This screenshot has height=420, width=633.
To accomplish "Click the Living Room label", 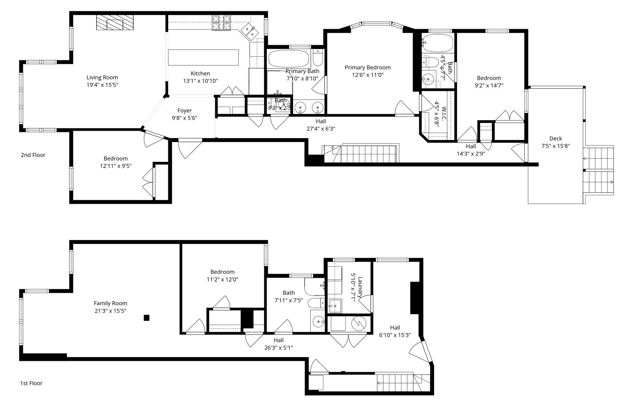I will [102, 77].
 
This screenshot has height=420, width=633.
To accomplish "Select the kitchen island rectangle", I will [203, 58].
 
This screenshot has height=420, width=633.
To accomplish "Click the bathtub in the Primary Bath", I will [288, 59].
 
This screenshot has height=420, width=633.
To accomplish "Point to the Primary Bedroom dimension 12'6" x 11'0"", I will [368, 75].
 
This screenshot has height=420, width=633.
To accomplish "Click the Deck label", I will [555, 138].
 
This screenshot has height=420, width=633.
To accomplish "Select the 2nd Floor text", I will [33, 155].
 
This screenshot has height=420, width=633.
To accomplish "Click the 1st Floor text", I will [31, 383].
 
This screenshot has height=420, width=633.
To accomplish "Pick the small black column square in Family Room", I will [146, 318].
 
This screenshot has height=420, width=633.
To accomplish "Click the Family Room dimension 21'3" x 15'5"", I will [110, 311].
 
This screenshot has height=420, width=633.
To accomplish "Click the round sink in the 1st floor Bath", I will [318, 322].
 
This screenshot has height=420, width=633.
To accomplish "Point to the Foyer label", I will [185, 110].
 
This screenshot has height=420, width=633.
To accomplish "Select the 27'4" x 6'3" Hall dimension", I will [321, 129].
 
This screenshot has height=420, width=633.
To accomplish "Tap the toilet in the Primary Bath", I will [317, 58].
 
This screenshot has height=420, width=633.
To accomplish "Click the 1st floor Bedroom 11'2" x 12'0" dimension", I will [222, 280].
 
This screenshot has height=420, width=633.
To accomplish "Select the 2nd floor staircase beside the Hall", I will [369, 154].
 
